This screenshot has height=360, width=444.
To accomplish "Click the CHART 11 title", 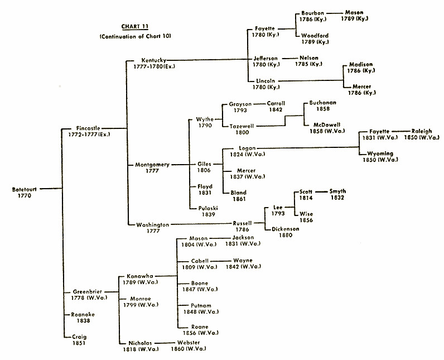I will [x=134, y=26].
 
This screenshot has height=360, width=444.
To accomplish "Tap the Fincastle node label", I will [x=89, y=128].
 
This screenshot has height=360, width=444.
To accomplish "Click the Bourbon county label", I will [x=312, y=13].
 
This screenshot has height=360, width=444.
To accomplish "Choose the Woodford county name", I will [x=315, y=36].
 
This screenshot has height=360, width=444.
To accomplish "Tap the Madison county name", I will [x=361, y=65].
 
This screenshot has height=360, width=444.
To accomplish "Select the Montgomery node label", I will [x=152, y=165].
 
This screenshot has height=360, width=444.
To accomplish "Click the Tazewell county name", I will [x=242, y=126].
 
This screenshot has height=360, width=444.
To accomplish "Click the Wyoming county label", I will [x=380, y=153].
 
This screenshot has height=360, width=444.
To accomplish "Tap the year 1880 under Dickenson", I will [x=286, y=235].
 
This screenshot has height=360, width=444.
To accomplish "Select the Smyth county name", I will [x=337, y=191].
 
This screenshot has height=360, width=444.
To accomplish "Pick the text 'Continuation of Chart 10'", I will [x=134, y=36].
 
